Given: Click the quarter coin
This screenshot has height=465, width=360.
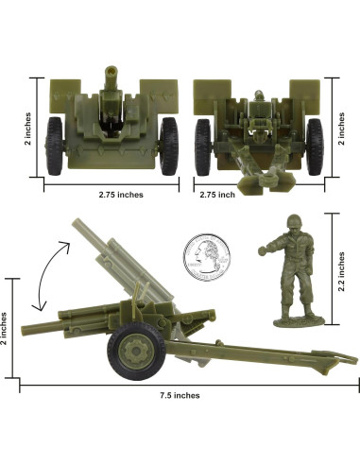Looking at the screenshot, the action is click(x=207, y=257).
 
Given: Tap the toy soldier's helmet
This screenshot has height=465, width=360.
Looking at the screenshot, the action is click(x=294, y=221).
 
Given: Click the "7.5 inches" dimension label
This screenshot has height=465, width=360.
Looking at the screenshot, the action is click(x=180, y=395).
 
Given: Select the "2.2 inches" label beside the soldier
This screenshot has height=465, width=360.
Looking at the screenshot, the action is click(x=341, y=271).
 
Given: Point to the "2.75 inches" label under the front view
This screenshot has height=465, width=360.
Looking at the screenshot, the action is click(x=121, y=195).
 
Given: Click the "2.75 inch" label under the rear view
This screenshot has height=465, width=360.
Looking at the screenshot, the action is click(x=217, y=195).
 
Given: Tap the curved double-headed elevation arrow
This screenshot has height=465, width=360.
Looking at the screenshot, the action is click(x=50, y=275).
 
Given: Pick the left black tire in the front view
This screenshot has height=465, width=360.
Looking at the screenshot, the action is click(x=55, y=146).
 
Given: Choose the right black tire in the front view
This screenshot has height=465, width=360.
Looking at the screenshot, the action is click(x=169, y=146).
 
